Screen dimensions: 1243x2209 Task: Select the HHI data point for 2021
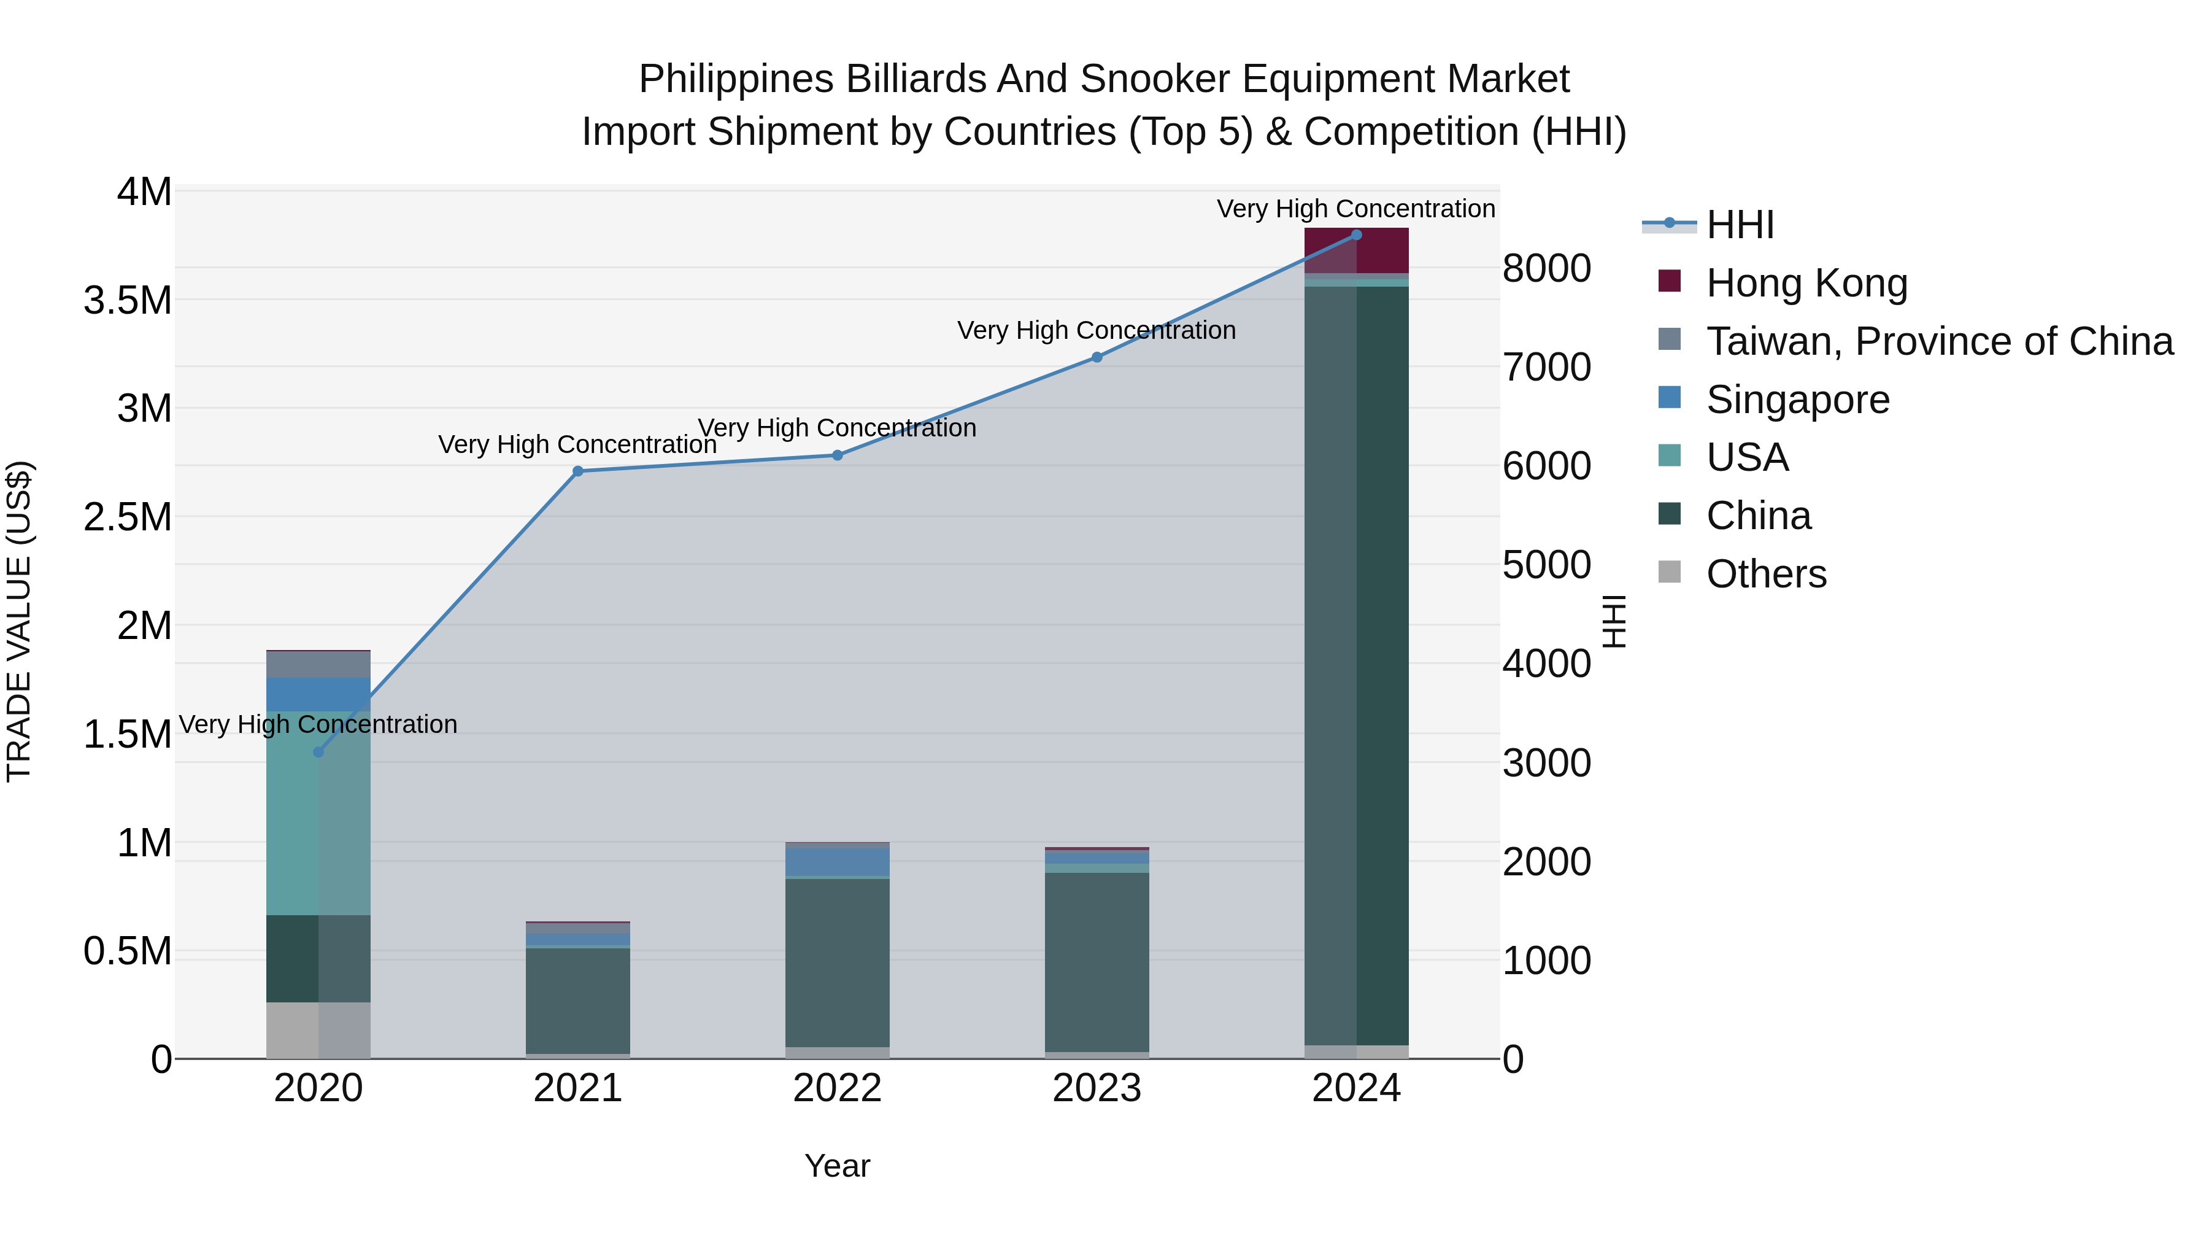[578, 471]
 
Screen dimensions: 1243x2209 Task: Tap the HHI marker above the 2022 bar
[838, 455]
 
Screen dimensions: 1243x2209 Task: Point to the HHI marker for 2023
[1097, 357]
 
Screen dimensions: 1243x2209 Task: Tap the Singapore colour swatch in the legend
[1670, 398]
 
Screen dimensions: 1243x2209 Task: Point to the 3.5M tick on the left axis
[127, 300]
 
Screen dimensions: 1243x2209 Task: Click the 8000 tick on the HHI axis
[1546, 268]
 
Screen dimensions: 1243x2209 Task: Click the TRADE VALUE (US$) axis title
[19, 621]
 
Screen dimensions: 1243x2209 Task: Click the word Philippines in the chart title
[735, 79]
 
